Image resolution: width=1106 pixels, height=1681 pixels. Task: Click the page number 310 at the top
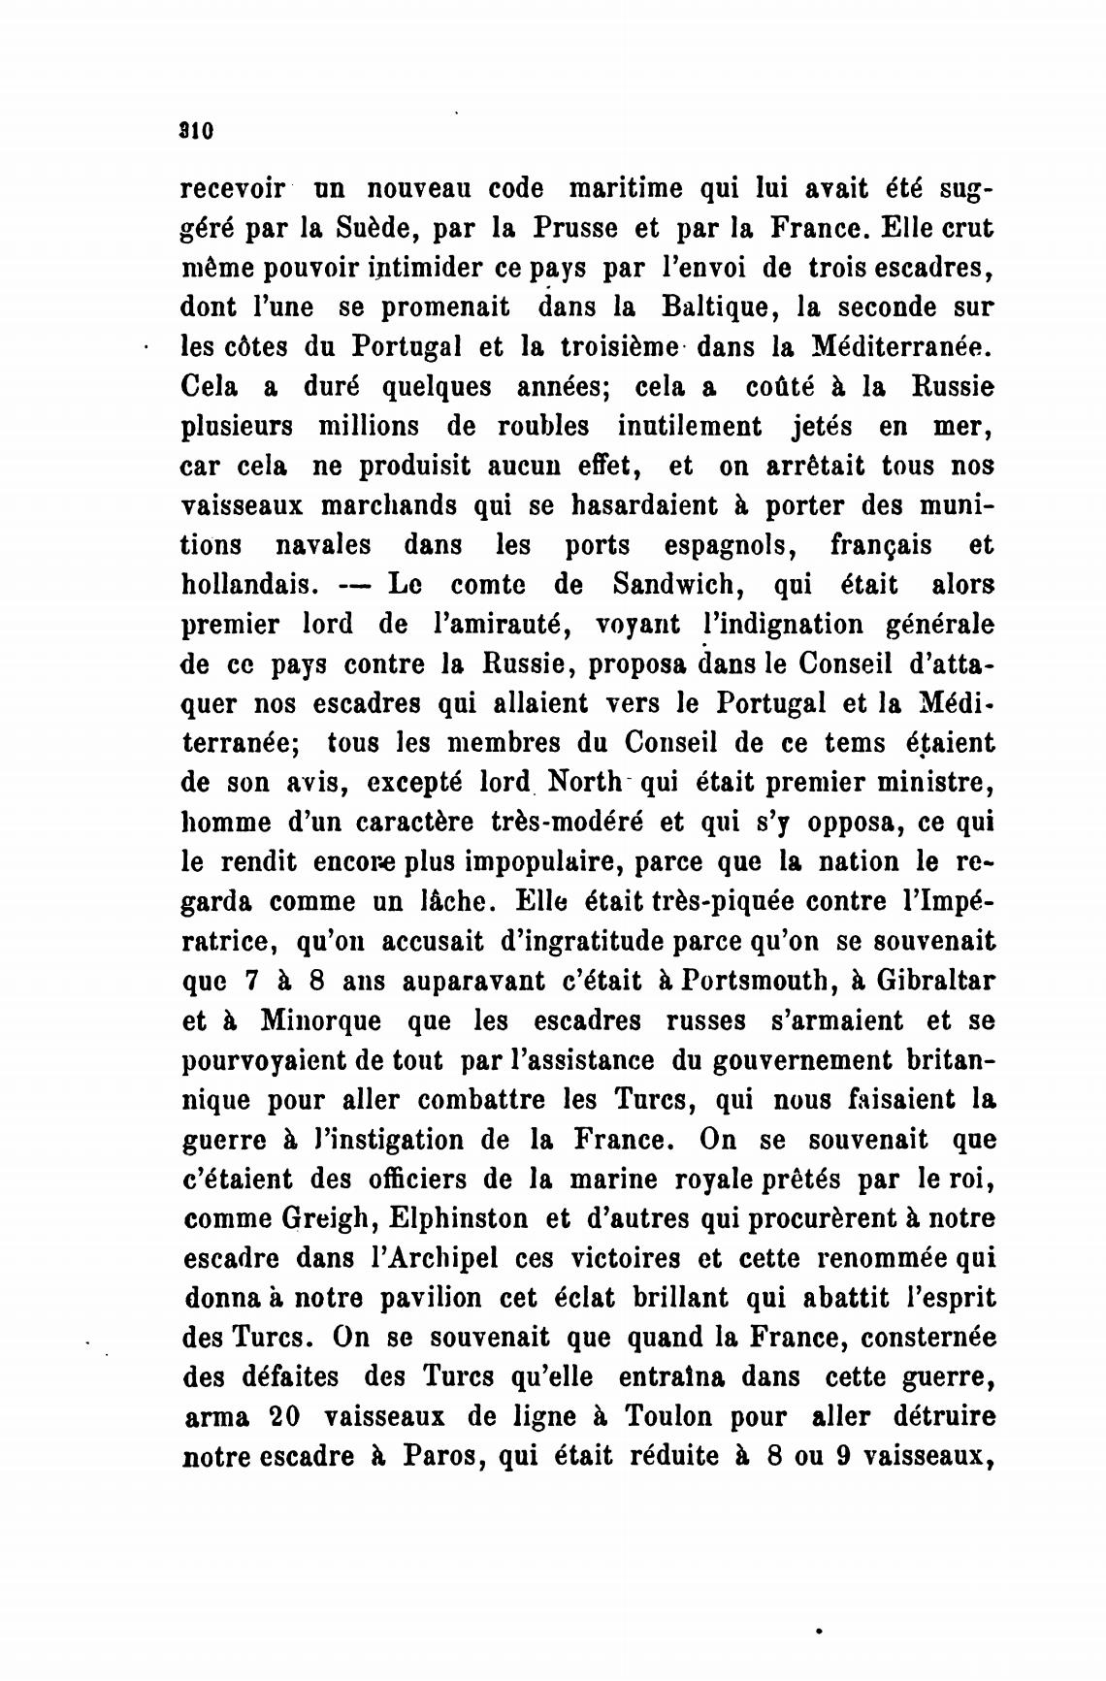pos(196,130)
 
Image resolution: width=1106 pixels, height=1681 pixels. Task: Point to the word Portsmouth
pos(760,981)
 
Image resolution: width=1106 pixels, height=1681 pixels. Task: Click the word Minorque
pos(321,1020)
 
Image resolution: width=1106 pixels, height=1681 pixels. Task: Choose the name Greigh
pos(321,1218)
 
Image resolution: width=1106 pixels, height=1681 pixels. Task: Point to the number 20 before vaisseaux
pos(283,1416)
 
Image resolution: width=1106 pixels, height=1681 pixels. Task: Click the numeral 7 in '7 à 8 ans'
pos(251,981)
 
